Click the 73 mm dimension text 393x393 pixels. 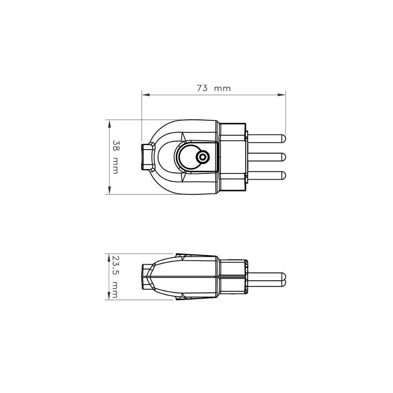pos(213,88)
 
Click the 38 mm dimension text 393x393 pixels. pos(116,156)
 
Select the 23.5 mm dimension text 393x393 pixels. pos(115,277)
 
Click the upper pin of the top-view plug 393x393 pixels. pos(267,139)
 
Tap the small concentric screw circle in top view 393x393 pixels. pos(203,158)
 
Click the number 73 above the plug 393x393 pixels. pos(202,88)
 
